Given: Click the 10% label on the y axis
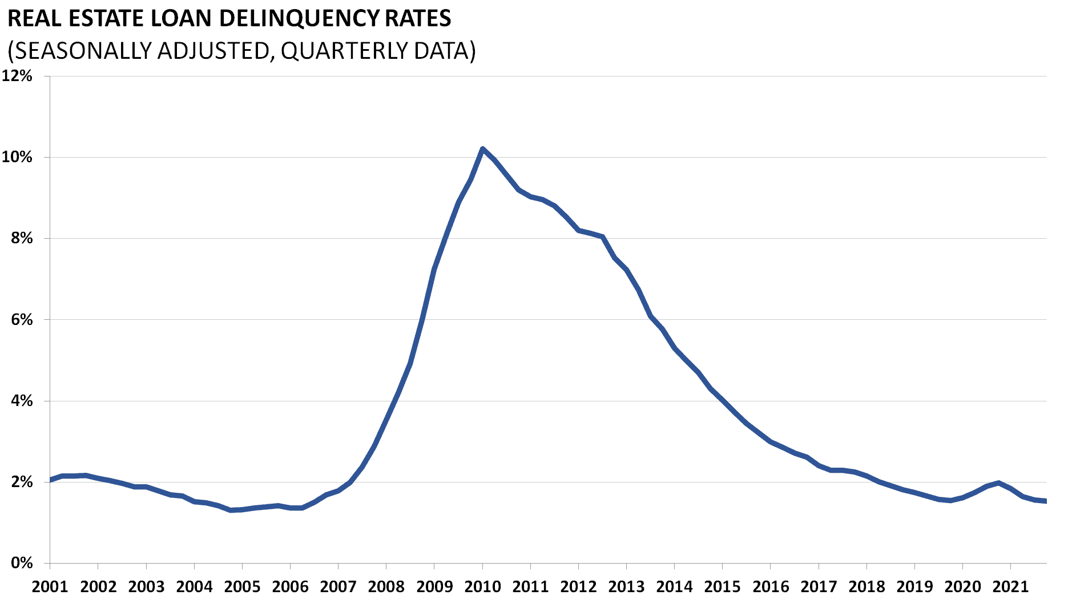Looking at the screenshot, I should (x=17, y=157).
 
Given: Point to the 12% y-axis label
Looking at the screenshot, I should (x=17, y=76).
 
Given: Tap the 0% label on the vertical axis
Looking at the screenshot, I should (x=21, y=563).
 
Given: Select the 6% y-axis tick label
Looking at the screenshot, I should (x=21, y=320).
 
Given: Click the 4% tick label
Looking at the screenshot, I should (x=21, y=401).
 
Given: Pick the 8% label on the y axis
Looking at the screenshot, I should (x=21, y=238).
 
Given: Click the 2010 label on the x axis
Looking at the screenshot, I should (x=482, y=586).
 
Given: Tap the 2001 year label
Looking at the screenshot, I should (x=50, y=586).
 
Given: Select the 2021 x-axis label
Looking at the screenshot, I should (x=1010, y=586).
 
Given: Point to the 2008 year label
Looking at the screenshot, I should (x=386, y=586).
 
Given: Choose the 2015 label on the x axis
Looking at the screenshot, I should (x=722, y=586).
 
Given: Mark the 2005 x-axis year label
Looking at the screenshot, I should (x=242, y=586).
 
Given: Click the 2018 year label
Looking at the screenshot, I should (x=867, y=586).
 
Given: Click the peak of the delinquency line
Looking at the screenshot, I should (x=482, y=148).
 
